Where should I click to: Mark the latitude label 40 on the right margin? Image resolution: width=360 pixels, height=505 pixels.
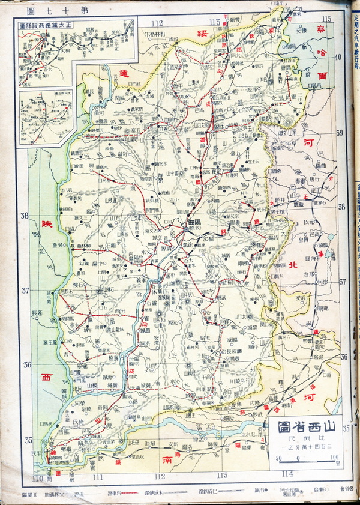pos(338,57)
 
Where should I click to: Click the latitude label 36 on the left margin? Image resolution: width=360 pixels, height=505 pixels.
pos(26,364)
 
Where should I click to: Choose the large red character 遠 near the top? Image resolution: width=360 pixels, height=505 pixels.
pos(124,73)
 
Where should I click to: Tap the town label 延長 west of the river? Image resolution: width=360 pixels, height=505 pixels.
pos(37,313)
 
